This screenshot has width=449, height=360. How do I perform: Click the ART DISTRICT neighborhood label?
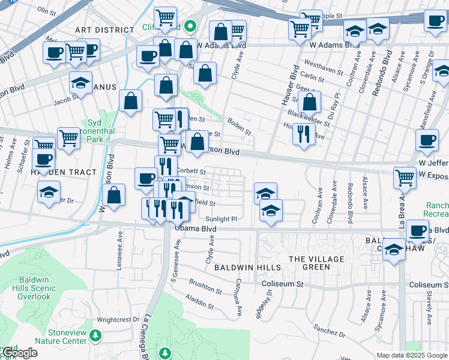(x=104, y=29)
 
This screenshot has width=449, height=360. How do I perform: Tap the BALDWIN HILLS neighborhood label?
(x=248, y=267)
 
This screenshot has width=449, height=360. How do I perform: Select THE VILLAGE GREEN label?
(x=309, y=263)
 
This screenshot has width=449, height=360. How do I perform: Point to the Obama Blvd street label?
(x=195, y=229)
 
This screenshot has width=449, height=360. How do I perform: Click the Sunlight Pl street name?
(x=221, y=220)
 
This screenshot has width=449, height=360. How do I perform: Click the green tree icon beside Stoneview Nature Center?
(x=95, y=334)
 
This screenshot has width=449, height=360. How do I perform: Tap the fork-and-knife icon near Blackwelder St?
(x=304, y=133)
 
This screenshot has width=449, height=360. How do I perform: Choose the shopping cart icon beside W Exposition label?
(x=405, y=177)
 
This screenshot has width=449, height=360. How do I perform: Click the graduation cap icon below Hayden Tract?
(x=49, y=193)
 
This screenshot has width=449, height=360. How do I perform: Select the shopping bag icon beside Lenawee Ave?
(x=113, y=194)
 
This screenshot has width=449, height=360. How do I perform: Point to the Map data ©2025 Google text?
(x=411, y=355)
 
